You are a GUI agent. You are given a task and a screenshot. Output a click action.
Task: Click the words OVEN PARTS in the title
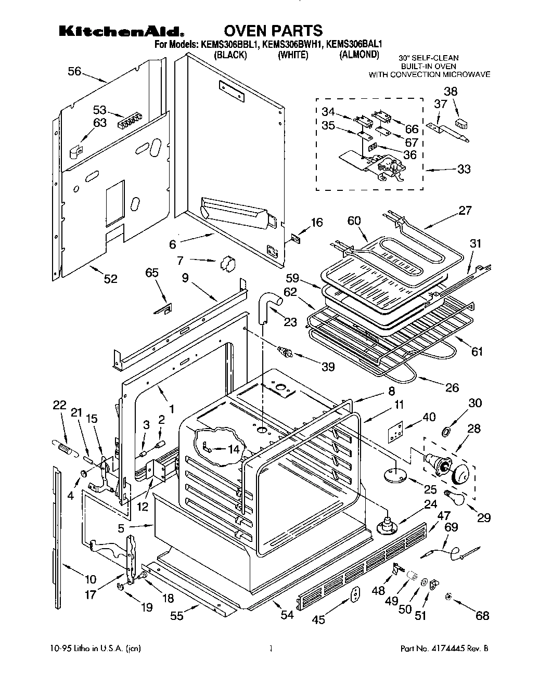pos(273,31)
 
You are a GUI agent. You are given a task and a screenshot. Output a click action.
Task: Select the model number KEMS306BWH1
pos(292,45)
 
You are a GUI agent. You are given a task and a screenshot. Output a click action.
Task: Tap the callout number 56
pos(74,71)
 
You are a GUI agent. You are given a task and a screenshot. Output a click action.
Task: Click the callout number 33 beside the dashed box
pos(463,169)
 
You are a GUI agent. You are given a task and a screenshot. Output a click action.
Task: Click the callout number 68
pos(482,616)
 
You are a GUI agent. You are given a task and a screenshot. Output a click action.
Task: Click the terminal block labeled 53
pos(130,122)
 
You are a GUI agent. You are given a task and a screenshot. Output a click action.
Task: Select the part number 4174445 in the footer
pos(454,649)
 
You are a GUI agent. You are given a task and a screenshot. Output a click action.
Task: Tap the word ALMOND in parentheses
pos(359,55)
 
